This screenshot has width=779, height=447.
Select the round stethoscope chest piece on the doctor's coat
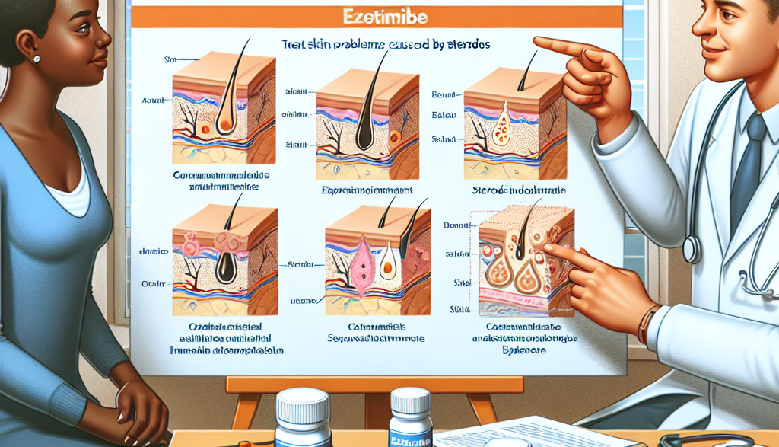pos(692,248)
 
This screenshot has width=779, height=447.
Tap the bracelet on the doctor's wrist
pos(646,324)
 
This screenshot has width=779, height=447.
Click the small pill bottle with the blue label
pos(411,423)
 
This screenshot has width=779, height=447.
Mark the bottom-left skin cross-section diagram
pos(225,259)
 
